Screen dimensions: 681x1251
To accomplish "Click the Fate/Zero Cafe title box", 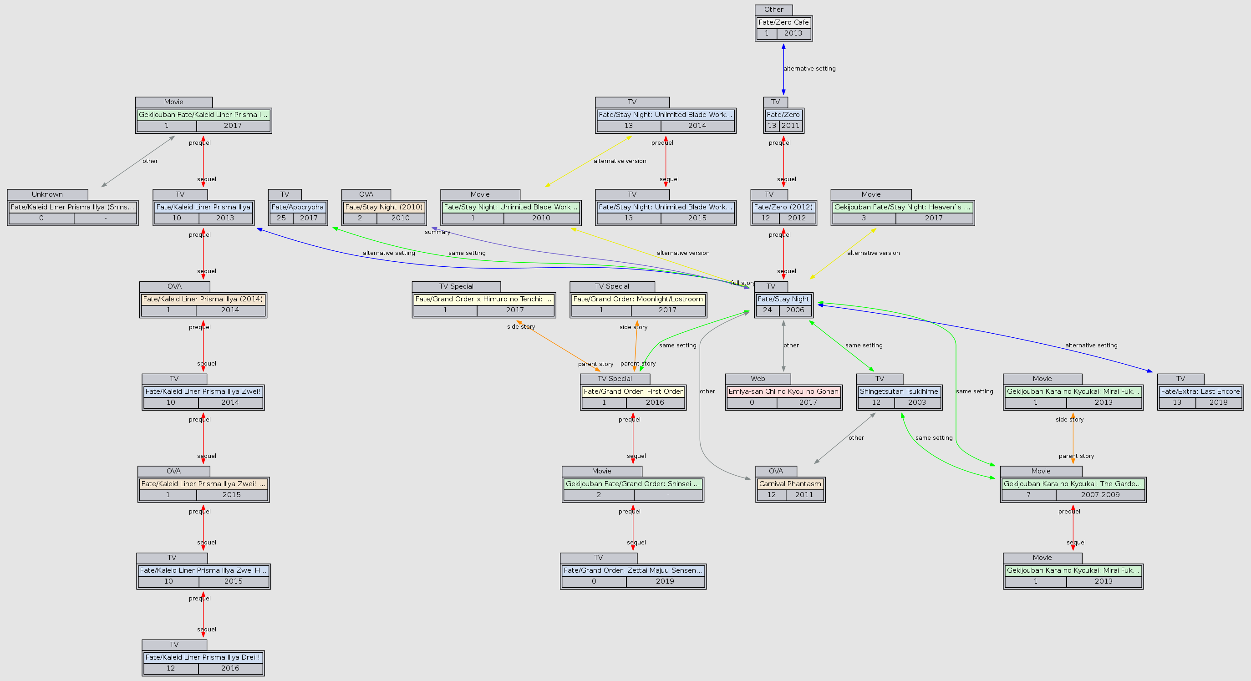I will (783, 22).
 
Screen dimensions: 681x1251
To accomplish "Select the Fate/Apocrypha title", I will (297, 207).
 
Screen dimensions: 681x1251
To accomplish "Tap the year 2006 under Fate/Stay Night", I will (795, 310).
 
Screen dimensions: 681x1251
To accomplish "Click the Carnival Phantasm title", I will (790, 484).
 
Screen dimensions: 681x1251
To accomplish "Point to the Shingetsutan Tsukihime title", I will (899, 391).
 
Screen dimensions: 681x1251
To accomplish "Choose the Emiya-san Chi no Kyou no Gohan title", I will (783, 391).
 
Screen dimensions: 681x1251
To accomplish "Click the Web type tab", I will (758, 379).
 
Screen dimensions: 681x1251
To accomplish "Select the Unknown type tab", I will (47, 194).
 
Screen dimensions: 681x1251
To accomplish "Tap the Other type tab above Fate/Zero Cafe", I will (773, 10).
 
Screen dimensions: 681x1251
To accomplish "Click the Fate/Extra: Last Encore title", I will (1200, 391).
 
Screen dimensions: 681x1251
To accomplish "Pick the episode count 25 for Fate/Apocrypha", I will (281, 218).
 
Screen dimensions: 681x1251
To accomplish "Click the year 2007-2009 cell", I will (1100, 494).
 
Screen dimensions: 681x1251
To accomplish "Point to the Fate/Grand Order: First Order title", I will (633, 391).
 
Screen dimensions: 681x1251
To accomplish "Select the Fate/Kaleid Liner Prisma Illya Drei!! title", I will (203, 657).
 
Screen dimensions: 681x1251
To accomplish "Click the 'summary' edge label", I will (437, 232).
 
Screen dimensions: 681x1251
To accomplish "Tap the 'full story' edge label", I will (742, 283).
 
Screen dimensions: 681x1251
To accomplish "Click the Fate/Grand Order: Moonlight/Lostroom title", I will (638, 299).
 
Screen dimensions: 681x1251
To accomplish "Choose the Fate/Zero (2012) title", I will (783, 207).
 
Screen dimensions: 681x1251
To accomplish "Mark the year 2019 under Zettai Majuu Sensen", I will (664, 581).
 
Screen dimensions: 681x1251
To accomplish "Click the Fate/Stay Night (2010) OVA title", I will (384, 207).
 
